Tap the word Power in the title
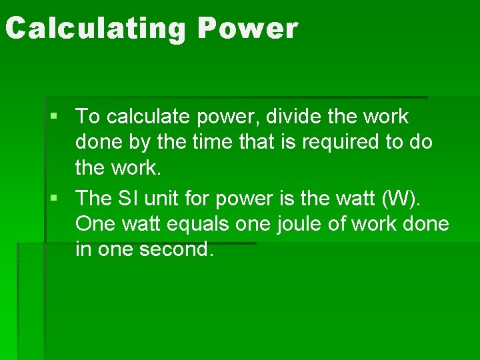pos(247,29)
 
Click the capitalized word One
pos(94,224)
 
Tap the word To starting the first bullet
pos(88,117)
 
